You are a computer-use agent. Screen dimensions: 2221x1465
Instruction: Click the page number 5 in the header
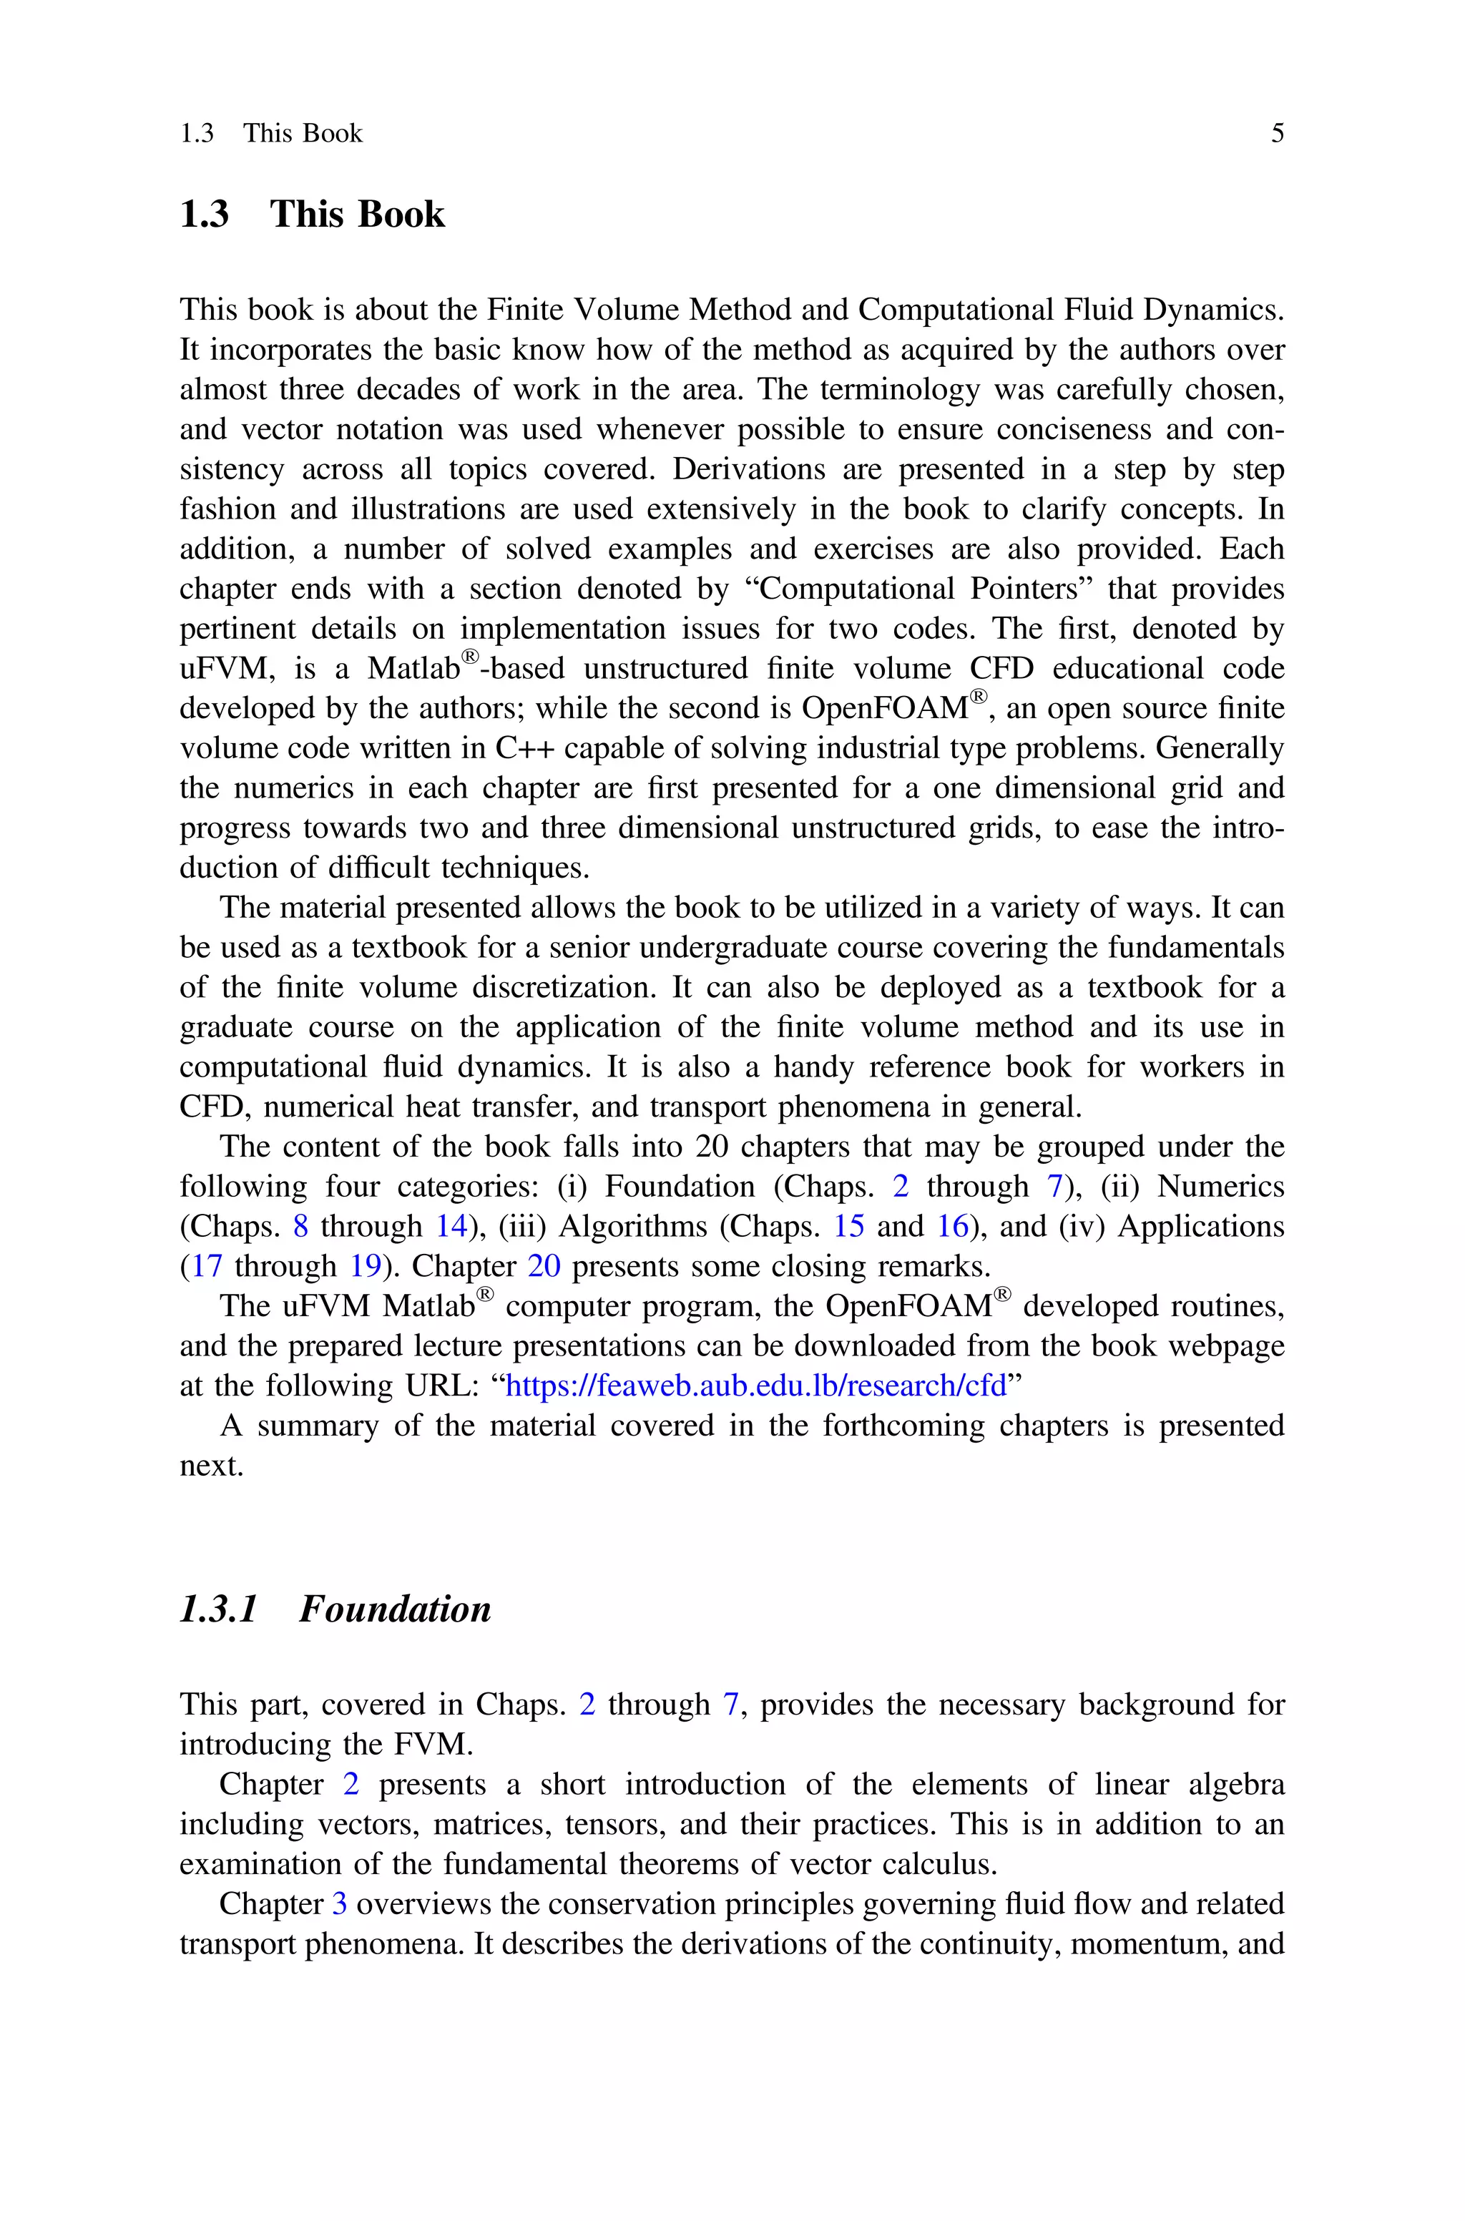click(x=1277, y=134)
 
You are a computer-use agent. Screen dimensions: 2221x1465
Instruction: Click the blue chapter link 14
click(x=451, y=1226)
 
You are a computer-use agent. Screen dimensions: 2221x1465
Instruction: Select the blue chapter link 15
click(x=848, y=1226)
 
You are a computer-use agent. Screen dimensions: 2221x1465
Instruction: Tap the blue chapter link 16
click(x=952, y=1226)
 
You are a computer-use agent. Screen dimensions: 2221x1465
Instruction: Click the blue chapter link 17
click(x=207, y=1267)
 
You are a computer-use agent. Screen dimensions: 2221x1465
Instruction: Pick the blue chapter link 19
click(x=366, y=1267)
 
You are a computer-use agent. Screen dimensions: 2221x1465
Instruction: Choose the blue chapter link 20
click(x=544, y=1267)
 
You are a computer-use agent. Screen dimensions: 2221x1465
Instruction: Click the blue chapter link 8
click(x=300, y=1226)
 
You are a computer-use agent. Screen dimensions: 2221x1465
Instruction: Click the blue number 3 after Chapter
click(x=339, y=1904)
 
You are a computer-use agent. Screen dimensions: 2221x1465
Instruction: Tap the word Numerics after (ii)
click(x=1220, y=1186)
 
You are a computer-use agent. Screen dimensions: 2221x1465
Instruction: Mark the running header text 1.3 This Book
click(x=271, y=134)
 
